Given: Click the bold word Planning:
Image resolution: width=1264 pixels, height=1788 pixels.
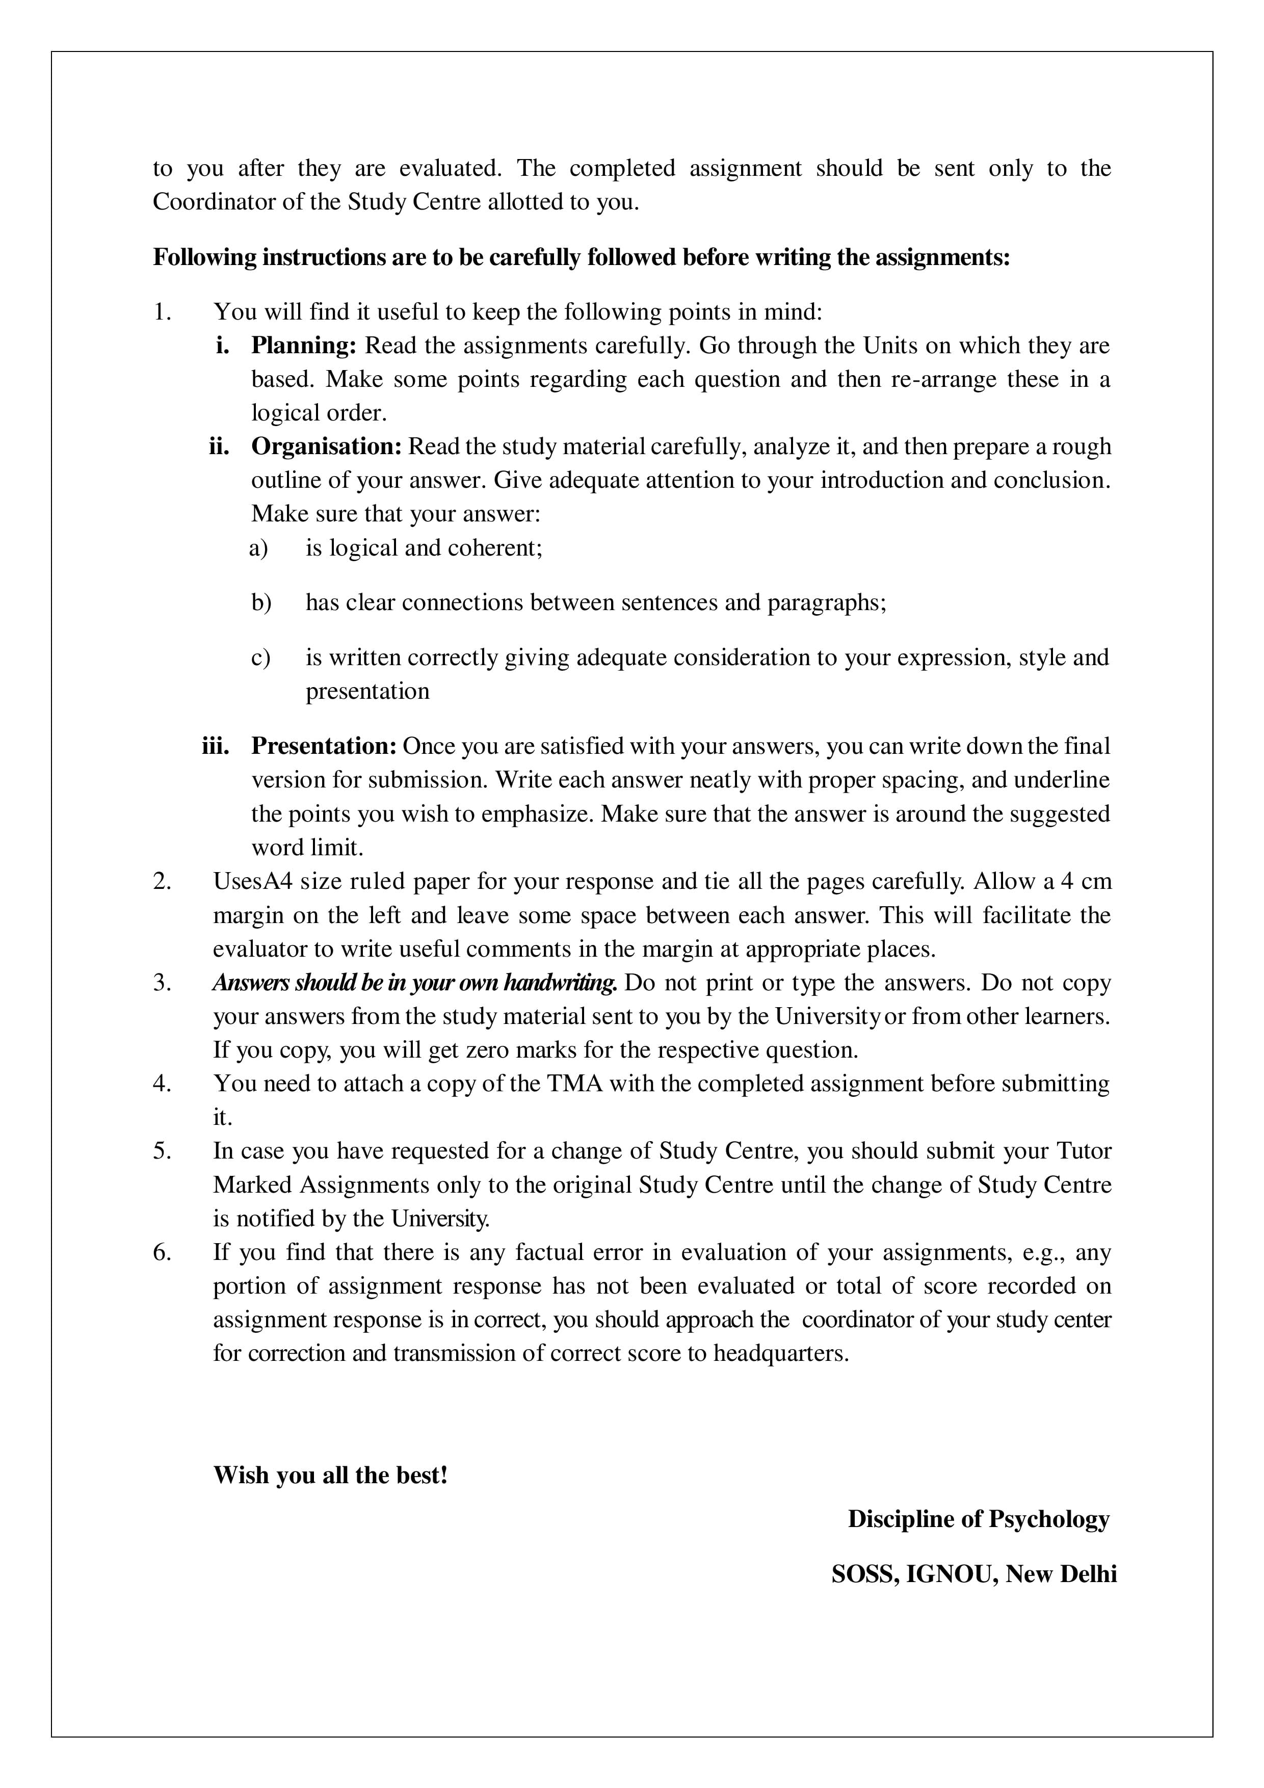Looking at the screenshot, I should (303, 345).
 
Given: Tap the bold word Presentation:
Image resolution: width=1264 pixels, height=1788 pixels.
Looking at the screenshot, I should (323, 746).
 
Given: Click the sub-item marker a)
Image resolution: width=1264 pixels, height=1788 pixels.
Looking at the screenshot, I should (258, 548).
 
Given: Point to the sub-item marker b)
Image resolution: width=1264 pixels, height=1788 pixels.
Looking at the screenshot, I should (261, 603).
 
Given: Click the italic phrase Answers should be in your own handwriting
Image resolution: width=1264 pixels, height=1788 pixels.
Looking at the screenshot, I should (415, 983).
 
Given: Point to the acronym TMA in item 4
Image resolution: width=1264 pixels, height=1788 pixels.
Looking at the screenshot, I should (575, 1084).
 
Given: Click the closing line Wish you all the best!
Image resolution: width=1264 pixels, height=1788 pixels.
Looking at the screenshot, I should (330, 1475).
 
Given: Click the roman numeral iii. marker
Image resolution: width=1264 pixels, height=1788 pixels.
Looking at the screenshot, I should (216, 746).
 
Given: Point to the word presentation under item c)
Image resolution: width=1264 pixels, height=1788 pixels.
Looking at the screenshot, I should (367, 692).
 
